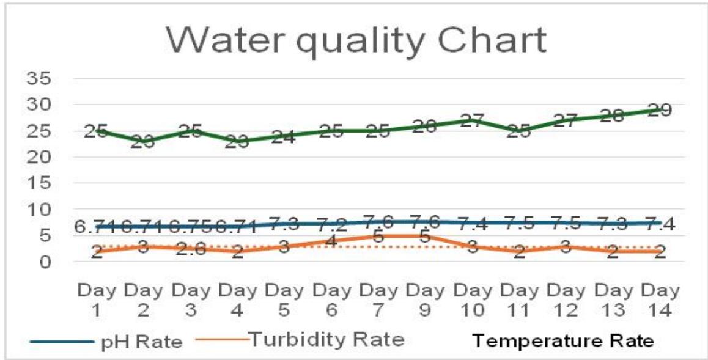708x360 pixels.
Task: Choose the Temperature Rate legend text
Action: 564,340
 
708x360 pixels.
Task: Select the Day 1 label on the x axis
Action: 96,299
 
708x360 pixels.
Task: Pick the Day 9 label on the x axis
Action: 425,299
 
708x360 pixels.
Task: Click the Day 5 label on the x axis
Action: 284,299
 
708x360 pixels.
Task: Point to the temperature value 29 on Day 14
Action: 661,110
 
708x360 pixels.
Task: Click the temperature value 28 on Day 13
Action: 613,116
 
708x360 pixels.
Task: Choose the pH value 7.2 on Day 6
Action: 331,224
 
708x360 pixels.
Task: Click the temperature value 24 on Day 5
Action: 284,136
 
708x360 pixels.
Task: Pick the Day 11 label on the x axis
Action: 519,299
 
